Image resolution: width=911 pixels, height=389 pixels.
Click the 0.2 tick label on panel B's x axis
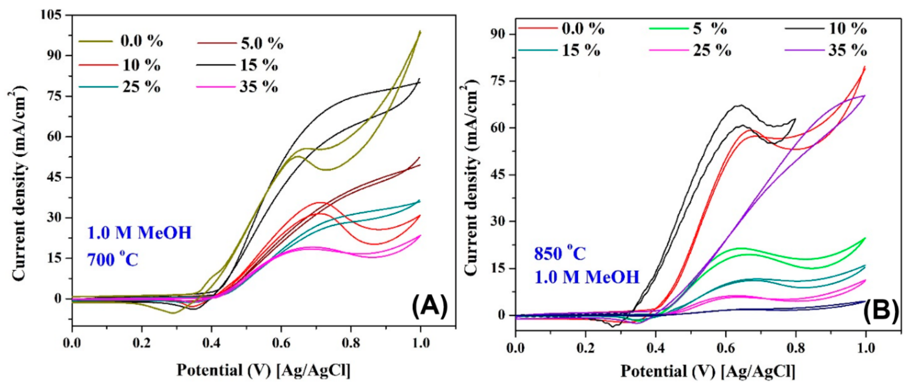[585, 348]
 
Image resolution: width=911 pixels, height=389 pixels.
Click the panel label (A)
[429, 306]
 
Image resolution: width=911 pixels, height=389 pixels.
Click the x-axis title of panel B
[708, 372]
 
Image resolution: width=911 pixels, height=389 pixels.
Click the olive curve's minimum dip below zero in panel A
[173, 313]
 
